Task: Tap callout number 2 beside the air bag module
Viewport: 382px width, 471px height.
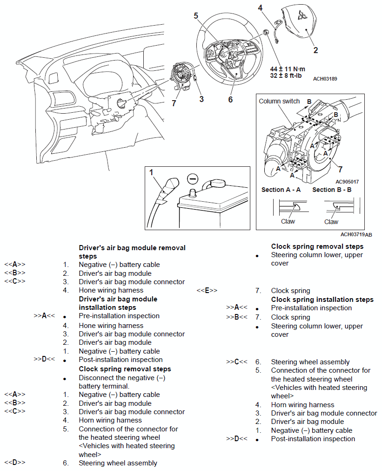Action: point(316,50)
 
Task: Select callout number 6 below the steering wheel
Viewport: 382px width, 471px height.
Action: point(230,100)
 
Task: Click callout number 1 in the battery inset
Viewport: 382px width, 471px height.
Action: point(151,172)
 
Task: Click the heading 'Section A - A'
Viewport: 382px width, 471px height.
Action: point(281,190)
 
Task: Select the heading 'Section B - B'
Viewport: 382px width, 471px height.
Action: point(332,190)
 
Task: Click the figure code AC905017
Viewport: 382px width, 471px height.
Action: point(347,182)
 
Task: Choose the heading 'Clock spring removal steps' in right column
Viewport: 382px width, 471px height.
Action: point(317,246)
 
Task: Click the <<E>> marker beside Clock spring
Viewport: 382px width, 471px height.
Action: point(207,291)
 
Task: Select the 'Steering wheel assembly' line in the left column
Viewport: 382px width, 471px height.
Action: point(118,463)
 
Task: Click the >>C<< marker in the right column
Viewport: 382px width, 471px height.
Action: point(236,362)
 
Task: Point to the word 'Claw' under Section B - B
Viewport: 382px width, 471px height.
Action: point(331,222)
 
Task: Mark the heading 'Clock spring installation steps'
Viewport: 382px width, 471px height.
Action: point(322,299)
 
